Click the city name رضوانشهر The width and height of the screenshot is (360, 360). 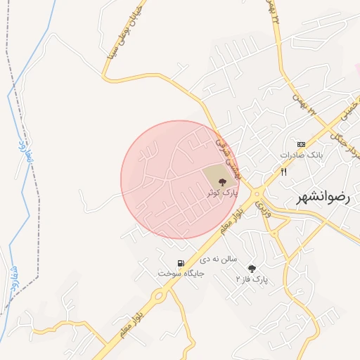click(x=323, y=198)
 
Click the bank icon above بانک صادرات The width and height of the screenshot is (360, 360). click(x=302, y=143)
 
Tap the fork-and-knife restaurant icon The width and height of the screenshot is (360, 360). click(x=284, y=172)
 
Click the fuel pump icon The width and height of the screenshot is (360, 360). click(x=181, y=264)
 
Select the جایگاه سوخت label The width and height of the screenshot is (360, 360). click(x=181, y=274)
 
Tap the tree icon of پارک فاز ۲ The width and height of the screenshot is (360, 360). click(x=252, y=269)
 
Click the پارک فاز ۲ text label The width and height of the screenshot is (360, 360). click(x=252, y=280)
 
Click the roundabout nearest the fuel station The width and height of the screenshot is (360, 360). click(x=160, y=295)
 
